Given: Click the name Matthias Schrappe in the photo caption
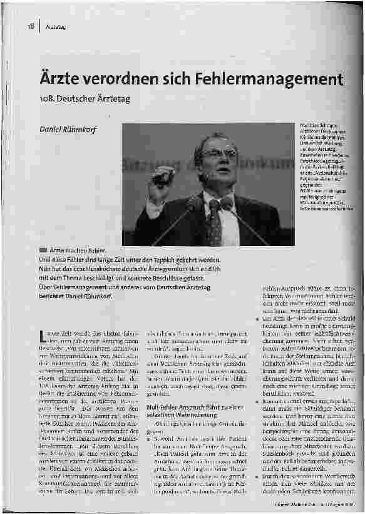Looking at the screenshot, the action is pyautogui.click(x=317, y=125).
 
